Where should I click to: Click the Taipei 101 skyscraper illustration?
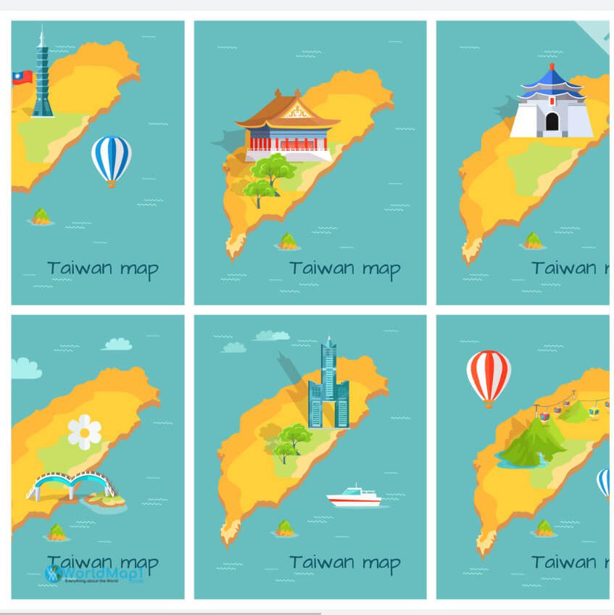coord(42,76)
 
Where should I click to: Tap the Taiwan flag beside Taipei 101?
coord(22,77)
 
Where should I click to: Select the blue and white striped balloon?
coord(111,159)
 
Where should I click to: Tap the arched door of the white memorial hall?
coord(552,122)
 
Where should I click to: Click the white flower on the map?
coord(85,432)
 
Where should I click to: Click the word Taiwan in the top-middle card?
coord(316,268)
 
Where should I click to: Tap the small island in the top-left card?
coord(41,216)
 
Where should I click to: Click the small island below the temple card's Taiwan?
coord(289,241)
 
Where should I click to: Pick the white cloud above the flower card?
coord(117,344)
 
